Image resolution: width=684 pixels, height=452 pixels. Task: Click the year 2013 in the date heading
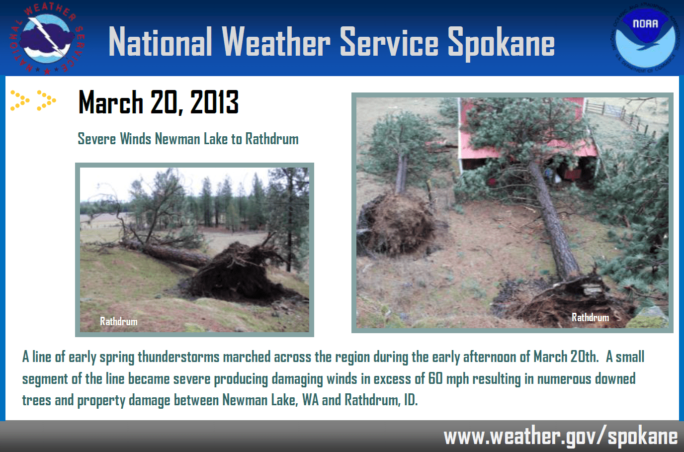point(214,102)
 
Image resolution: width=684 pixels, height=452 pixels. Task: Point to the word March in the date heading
point(111,102)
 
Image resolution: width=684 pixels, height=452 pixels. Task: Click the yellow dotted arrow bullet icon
point(33,100)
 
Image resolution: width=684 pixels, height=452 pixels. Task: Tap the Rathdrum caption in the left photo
point(119,321)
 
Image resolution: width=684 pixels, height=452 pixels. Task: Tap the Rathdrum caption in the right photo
point(590,317)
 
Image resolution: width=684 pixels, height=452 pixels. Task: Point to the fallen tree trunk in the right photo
point(554,219)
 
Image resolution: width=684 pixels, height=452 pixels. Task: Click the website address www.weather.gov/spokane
point(560,437)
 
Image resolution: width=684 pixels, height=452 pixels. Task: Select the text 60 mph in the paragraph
point(449,379)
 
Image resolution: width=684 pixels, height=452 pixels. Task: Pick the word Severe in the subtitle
point(96,139)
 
